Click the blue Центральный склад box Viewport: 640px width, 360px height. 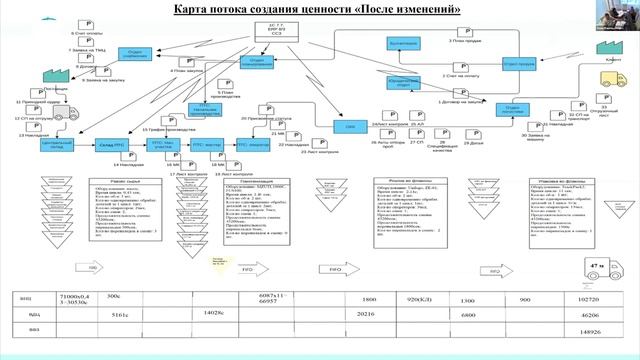55,145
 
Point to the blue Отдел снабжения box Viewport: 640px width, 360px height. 135,53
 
